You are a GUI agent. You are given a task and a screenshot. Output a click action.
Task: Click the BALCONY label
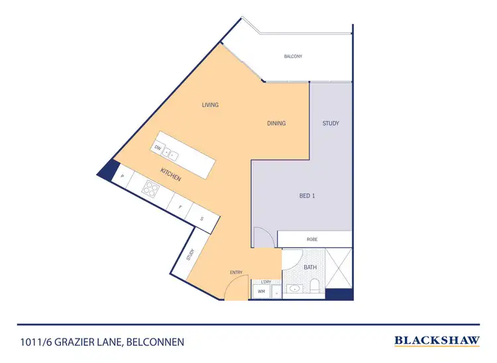tap(293, 56)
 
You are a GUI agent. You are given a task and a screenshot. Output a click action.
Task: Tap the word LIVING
tap(211, 105)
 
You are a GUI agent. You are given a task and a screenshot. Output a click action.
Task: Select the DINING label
tap(276, 123)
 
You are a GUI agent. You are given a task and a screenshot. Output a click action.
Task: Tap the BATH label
tap(310, 267)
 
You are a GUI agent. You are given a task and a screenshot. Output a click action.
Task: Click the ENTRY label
tap(236, 272)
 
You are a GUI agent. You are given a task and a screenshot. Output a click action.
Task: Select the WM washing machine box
tap(261, 290)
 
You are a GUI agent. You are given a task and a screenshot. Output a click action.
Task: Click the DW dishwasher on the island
tap(158, 148)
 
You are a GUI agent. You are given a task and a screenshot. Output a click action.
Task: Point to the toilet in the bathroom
tap(315, 285)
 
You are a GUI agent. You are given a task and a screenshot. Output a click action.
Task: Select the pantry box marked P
tap(123, 176)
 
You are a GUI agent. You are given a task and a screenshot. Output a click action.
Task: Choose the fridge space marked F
tap(180, 207)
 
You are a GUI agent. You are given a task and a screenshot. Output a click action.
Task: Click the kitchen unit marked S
tap(201, 218)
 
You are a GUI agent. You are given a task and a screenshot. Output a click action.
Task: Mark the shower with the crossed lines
tap(338, 268)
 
